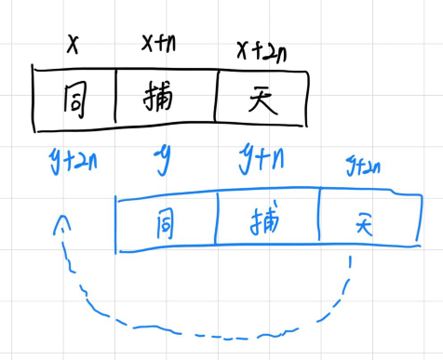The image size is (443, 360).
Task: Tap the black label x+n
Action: [160, 43]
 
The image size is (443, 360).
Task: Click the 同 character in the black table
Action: [74, 98]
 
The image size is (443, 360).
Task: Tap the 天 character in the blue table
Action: [362, 223]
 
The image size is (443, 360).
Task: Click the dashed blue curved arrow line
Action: [186, 327]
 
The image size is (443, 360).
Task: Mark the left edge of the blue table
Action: [116, 223]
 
